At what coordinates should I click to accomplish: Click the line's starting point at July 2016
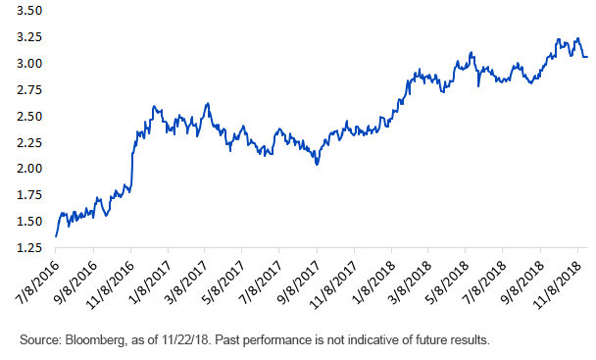coord(56,236)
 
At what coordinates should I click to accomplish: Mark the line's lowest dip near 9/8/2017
coord(317,164)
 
